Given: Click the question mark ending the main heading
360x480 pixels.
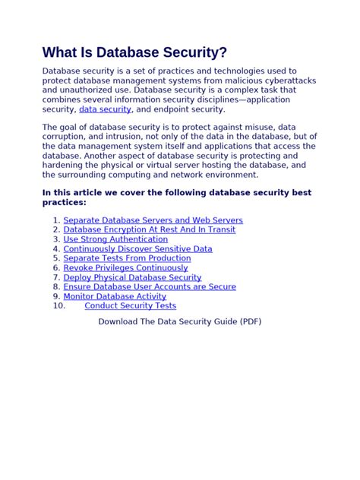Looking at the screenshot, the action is pos(223,52).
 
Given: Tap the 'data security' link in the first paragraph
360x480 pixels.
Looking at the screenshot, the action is pos(105,109).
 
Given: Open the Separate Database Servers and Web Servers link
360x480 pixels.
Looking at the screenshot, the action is pos(153,220).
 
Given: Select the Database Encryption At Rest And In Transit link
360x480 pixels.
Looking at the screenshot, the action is pos(149,229).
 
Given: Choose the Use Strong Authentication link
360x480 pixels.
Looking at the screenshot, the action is pos(115,239).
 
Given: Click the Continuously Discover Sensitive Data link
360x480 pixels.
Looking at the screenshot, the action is pos(137,248).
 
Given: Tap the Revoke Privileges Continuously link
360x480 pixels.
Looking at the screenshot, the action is pos(125,268).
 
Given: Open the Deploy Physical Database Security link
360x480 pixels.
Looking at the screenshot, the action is pos(132,277).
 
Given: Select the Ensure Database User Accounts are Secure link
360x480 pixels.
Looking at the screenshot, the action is pos(150,287).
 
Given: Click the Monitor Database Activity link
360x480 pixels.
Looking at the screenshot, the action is pos(115,296).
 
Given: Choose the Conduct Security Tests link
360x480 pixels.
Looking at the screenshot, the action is pos(130,306).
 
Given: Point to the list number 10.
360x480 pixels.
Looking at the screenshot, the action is pos(59,306).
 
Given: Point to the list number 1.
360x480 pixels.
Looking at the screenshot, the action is pos(56,220).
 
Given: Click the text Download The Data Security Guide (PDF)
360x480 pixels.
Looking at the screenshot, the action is pos(179,321).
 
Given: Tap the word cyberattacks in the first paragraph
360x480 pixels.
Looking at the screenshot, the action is pos(288,81).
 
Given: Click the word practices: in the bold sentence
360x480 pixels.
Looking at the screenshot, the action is pos(65,203).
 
